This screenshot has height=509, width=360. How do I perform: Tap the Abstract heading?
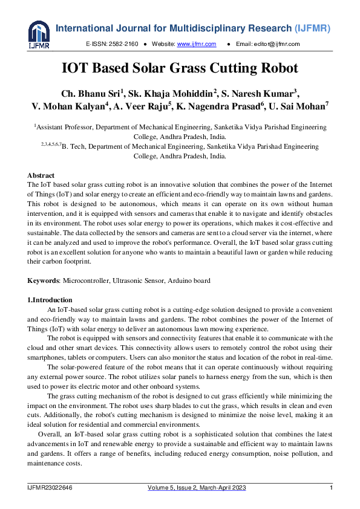pos(41,175)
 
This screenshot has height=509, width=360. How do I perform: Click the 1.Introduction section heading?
pos(50,300)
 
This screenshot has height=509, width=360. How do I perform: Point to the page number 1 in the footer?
pos(331,488)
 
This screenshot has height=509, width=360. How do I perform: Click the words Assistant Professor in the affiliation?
pos(64,128)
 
